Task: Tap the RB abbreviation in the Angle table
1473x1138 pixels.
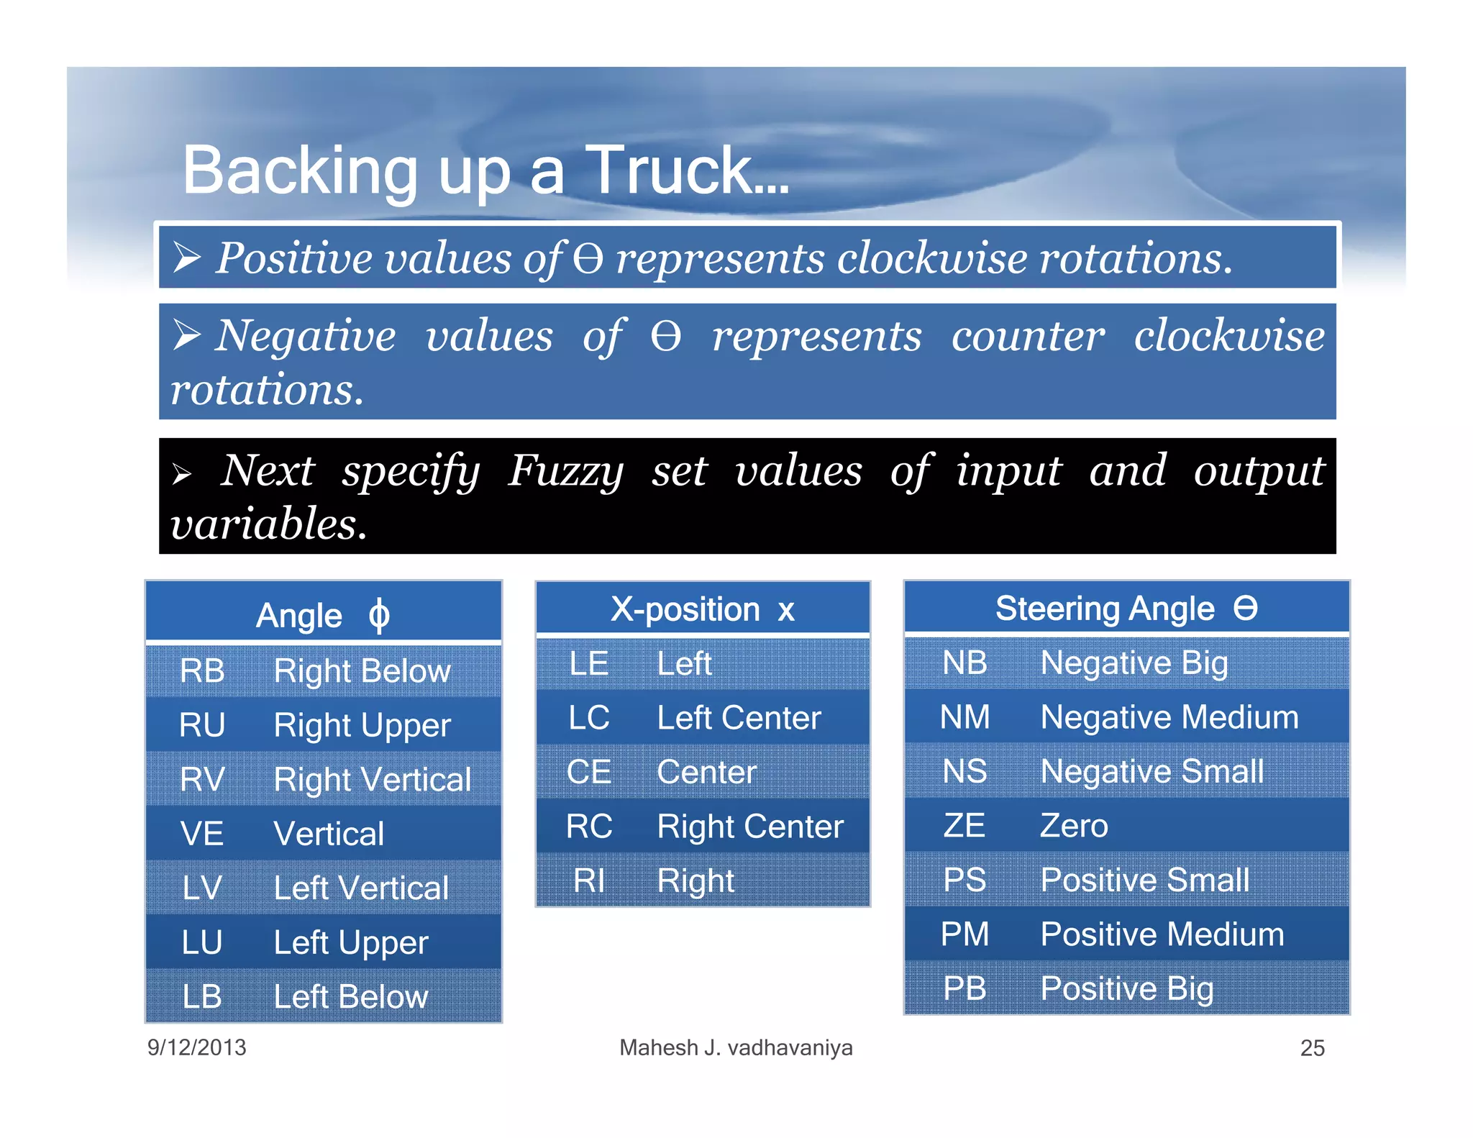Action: coord(202,670)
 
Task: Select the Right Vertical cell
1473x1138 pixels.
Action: coord(372,779)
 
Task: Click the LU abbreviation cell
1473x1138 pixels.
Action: coord(202,942)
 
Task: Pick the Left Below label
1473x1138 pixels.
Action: coord(351,996)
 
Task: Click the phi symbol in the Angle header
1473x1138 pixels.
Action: coord(379,615)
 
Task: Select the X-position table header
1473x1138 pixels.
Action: coord(702,609)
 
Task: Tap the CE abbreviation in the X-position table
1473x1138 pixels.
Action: coord(588,772)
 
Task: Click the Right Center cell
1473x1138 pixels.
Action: coord(749,826)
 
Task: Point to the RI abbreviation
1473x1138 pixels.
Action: coord(588,880)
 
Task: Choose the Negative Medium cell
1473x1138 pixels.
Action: coord(1169,717)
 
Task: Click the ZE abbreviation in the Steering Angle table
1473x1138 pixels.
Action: coord(964,825)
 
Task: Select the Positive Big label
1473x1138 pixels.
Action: coord(1126,988)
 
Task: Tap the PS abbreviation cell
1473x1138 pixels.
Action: coord(964,880)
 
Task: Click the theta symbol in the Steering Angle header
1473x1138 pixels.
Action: coord(1245,608)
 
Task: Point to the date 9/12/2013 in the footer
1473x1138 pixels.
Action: coord(196,1047)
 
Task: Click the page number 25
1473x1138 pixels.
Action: coord(1312,1048)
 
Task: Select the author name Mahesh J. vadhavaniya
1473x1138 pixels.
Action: coord(736,1047)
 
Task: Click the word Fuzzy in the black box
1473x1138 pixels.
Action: coord(565,471)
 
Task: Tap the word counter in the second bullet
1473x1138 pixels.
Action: coord(1027,336)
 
